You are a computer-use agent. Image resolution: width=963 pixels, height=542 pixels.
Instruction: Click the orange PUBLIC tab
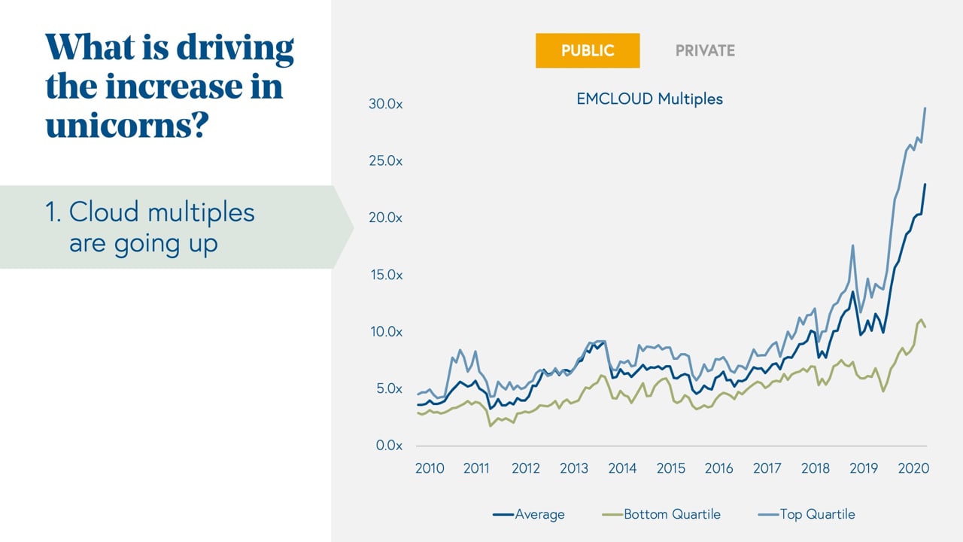click(x=588, y=51)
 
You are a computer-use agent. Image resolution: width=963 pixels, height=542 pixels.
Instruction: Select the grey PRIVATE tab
click(x=705, y=51)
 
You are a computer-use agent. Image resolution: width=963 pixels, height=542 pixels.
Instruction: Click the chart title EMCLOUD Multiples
click(x=649, y=99)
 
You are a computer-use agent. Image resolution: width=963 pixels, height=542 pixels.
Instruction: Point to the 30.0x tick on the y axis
click(x=385, y=104)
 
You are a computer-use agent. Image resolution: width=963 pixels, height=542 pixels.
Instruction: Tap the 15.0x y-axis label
click(x=385, y=275)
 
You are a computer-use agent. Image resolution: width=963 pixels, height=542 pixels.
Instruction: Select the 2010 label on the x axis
click(x=430, y=468)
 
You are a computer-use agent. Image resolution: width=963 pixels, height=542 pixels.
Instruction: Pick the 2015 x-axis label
click(x=670, y=468)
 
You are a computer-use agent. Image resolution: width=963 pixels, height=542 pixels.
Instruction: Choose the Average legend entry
click(x=539, y=515)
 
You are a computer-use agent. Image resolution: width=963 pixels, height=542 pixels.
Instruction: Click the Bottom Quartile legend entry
click(x=672, y=515)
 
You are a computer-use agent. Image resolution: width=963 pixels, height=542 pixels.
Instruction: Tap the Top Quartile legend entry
click(x=817, y=515)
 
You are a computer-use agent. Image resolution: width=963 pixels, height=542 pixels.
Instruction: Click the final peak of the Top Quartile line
click(x=925, y=108)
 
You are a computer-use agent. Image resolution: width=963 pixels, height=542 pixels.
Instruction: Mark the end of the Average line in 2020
click(x=925, y=184)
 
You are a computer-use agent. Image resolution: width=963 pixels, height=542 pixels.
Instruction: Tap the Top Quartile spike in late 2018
click(x=852, y=245)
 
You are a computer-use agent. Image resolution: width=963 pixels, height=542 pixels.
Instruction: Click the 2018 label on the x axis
click(x=816, y=468)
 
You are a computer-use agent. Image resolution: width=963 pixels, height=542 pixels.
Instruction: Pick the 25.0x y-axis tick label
click(x=385, y=161)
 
